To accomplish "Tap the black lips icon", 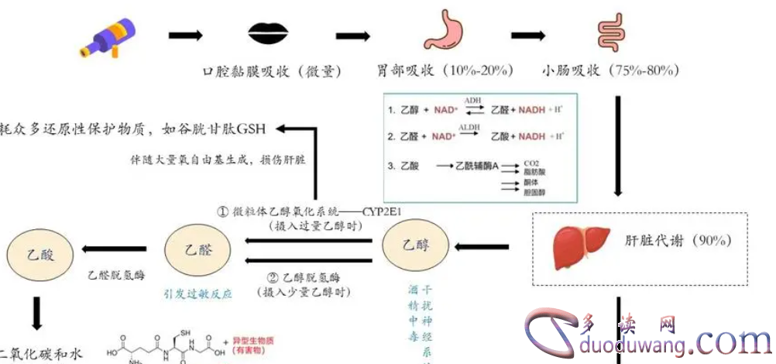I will click(269, 34).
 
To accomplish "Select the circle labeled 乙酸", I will click(39, 249).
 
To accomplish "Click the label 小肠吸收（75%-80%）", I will click(611, 71).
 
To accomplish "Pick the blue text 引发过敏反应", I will click(197, 294).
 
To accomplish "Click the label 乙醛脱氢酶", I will click(117, 275).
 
